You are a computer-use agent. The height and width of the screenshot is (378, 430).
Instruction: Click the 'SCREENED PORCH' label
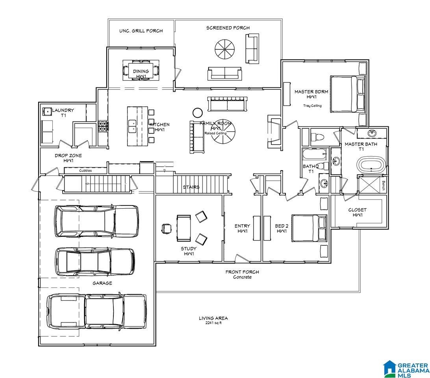point(228,28)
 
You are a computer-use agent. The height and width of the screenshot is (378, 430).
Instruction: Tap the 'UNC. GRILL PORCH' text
point(141,31)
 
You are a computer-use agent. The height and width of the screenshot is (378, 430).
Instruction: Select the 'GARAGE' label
point(102,283)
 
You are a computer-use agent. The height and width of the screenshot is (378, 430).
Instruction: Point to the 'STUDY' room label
point(189,248)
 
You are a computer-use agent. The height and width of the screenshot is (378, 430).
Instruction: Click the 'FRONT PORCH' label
point(242,272)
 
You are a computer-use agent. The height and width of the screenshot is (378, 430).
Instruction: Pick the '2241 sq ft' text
point(213,323)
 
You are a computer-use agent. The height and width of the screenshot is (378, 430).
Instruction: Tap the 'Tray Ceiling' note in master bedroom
point(312,106)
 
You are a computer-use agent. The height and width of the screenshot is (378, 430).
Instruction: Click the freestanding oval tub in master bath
point(371,165)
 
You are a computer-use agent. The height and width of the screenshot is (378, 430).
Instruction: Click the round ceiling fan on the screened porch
point(224,49)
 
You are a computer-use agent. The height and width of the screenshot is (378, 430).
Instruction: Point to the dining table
point(141,70)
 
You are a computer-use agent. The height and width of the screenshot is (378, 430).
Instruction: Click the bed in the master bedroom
point(348,94)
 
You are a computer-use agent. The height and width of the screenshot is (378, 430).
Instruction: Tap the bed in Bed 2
point(310,228)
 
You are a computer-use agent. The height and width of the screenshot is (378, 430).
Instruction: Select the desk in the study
point(184,228)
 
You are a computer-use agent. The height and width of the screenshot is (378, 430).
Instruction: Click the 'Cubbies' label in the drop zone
point(85,170)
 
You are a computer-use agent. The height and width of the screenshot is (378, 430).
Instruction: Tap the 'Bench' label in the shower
point(384,185)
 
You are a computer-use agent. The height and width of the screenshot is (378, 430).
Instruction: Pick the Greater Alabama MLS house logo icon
point(390,369)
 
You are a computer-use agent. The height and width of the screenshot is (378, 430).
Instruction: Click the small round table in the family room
point(197,113)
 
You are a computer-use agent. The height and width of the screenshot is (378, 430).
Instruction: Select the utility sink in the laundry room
point(47,111)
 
